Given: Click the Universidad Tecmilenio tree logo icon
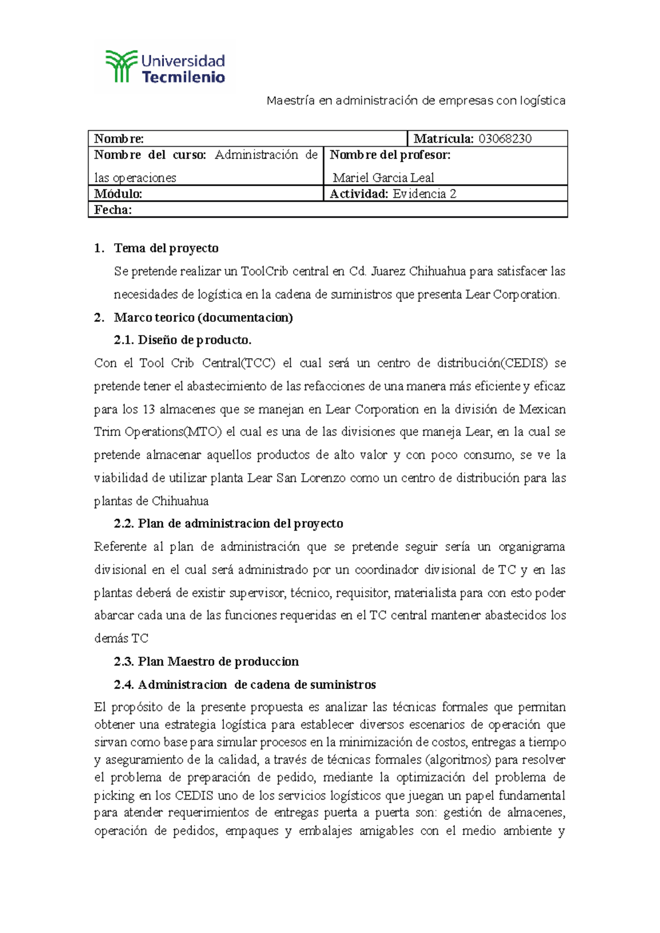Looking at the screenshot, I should tap(121, 66).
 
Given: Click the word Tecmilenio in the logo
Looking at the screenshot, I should tap(183, 77).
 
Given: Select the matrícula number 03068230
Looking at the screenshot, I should tap(504, 138).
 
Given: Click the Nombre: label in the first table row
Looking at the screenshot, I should tap(119, 138).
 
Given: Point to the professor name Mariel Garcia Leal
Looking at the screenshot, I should tap(383, 177).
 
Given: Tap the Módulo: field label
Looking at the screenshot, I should tap(118, 193).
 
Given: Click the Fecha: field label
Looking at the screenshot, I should tap(113, 209).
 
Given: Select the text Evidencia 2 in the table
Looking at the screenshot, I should tap(424, 193).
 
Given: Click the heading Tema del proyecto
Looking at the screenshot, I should tap(166, 248).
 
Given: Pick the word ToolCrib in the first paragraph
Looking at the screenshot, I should tap(265, 271).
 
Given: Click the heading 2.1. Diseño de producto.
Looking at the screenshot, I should tap(183, 340).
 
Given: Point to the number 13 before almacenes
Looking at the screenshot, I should tap(148, 409).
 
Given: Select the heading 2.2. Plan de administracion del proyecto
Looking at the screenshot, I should tap(228, 523).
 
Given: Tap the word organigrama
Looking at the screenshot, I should tap(531, 546).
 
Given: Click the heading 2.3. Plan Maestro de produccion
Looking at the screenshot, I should tap(206, 661).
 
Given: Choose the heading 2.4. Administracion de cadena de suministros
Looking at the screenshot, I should tap(245, 684).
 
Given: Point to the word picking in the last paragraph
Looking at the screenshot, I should tap(114, 795).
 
